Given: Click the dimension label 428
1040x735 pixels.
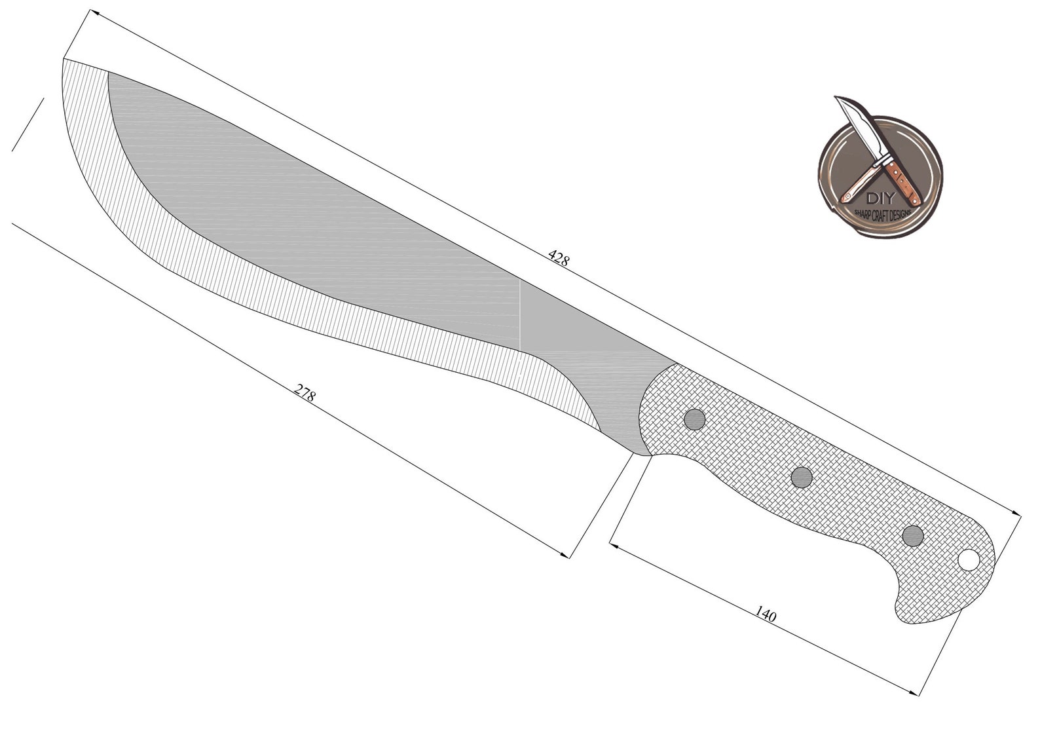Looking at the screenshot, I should tap(558, 257).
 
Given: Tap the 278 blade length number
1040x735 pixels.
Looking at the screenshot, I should tap(305, 393).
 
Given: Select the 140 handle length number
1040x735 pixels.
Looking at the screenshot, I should tap(766, 614).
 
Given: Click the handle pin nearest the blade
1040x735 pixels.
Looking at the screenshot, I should tap(694, 419).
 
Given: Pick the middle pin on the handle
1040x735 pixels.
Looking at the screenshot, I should tap(802, 477).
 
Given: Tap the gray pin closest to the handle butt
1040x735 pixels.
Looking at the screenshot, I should tap(912, 536).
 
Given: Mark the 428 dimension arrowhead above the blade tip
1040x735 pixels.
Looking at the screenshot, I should tap(93, 13).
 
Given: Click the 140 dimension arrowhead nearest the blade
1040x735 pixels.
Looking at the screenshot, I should tap(614, 544).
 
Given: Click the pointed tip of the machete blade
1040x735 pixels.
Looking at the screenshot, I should tap(64, 59).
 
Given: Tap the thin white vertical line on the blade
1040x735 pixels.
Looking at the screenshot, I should tap(521, 314).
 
